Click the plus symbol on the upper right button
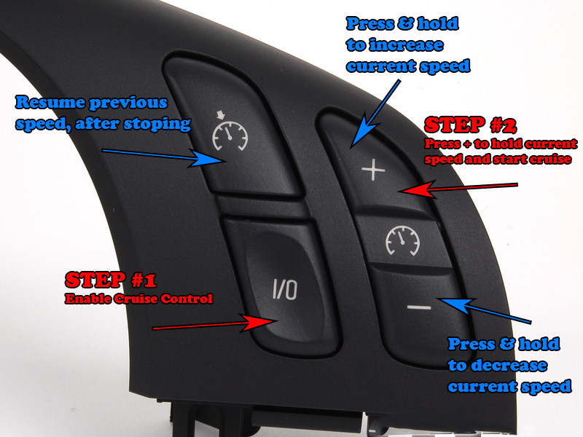point(373,171)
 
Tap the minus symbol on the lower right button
point(419,307)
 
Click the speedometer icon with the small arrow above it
point(230,131)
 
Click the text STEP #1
point(111,280)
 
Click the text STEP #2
point(470,125)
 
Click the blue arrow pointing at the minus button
point(484,310)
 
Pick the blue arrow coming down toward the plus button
point(375,114)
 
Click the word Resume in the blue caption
point(50,103)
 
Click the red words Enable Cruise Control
point(138,299)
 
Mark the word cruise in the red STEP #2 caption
point(550,159)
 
